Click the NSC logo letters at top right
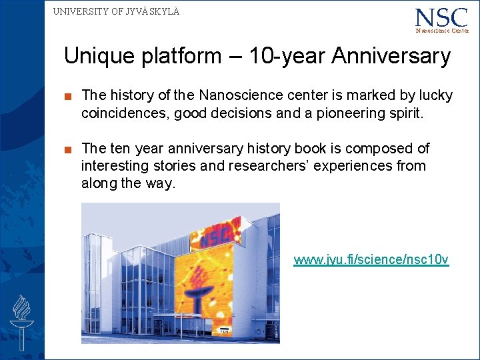[x=441, y=17]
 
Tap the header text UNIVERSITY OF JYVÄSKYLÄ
[x=116, y=11]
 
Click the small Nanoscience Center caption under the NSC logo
[x=442, y=31]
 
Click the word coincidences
[x=125, y=113]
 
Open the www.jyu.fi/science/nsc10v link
[x=371, y=259]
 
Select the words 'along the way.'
[x=128, y=183]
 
